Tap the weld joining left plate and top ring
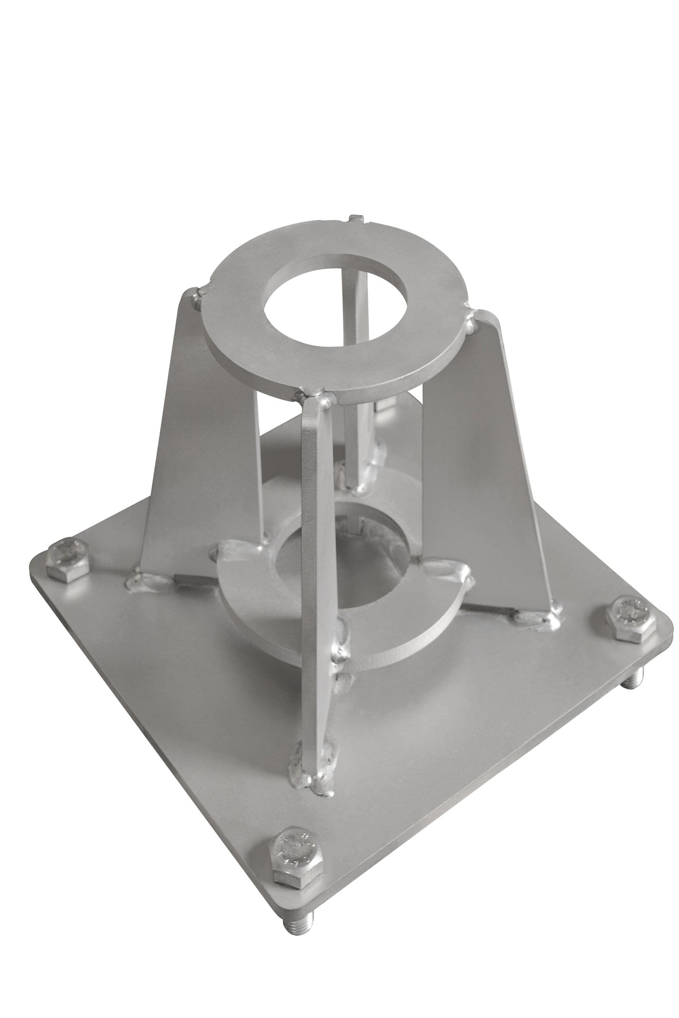pos(196,297)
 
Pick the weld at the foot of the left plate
pos(144,580)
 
